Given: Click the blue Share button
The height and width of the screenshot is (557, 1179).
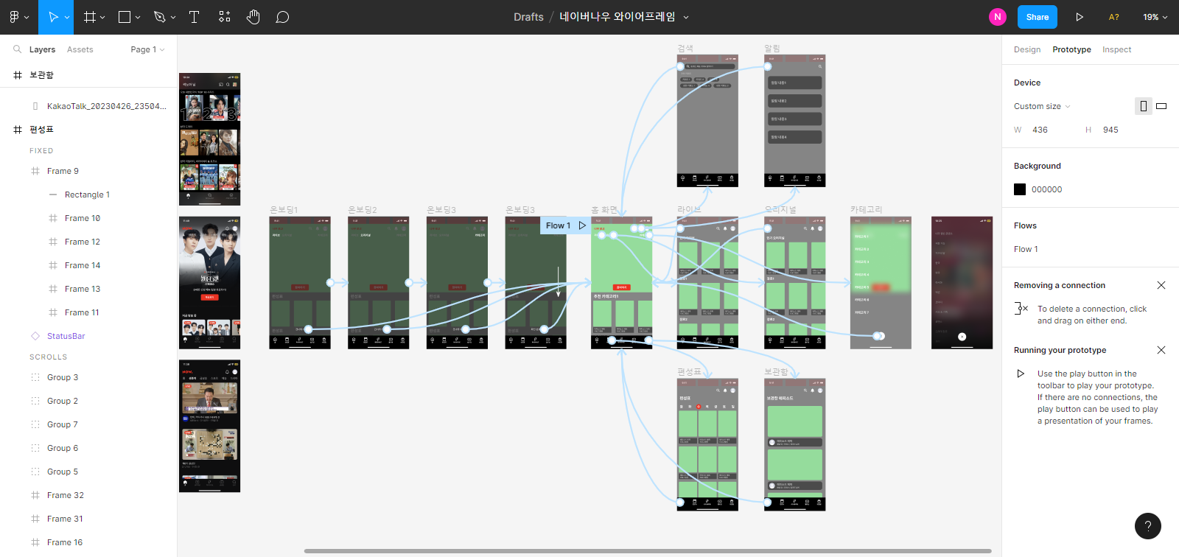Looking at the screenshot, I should point(1037,17).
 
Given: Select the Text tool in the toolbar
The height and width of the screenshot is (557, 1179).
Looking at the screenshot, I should point(195,17).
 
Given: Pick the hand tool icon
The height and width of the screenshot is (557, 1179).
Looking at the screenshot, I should point(253,17).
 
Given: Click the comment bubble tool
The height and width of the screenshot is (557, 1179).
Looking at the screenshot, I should point(282,17).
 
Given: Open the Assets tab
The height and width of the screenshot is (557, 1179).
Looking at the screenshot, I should point(80,49).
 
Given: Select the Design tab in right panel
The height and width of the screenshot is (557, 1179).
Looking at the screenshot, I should point(1026,49).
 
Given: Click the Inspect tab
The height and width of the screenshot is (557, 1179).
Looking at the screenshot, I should point(1116,49).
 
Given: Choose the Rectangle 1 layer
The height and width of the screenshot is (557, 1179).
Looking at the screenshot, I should point(87,195).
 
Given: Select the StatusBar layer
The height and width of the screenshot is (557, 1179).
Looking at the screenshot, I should point(66,336).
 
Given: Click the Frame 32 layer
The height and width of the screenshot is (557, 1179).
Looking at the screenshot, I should point(65,495).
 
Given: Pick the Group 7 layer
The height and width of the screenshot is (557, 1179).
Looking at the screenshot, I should point(62,424).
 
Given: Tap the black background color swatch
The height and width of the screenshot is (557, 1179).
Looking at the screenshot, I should point(1020,189).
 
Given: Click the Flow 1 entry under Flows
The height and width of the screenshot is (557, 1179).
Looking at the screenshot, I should point(1025,249).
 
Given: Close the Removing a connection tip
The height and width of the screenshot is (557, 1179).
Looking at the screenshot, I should point(1161,285).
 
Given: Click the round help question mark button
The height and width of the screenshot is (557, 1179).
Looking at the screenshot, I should point(1147,526).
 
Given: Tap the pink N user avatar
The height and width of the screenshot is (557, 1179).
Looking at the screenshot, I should point(997,17).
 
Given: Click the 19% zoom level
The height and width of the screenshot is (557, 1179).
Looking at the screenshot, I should point(1154,17).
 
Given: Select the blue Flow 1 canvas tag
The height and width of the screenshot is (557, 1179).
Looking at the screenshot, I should point(558,225).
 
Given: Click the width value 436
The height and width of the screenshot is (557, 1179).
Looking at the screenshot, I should point(1040,130).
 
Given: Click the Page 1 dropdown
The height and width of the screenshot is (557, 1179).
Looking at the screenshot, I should point(147,49).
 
